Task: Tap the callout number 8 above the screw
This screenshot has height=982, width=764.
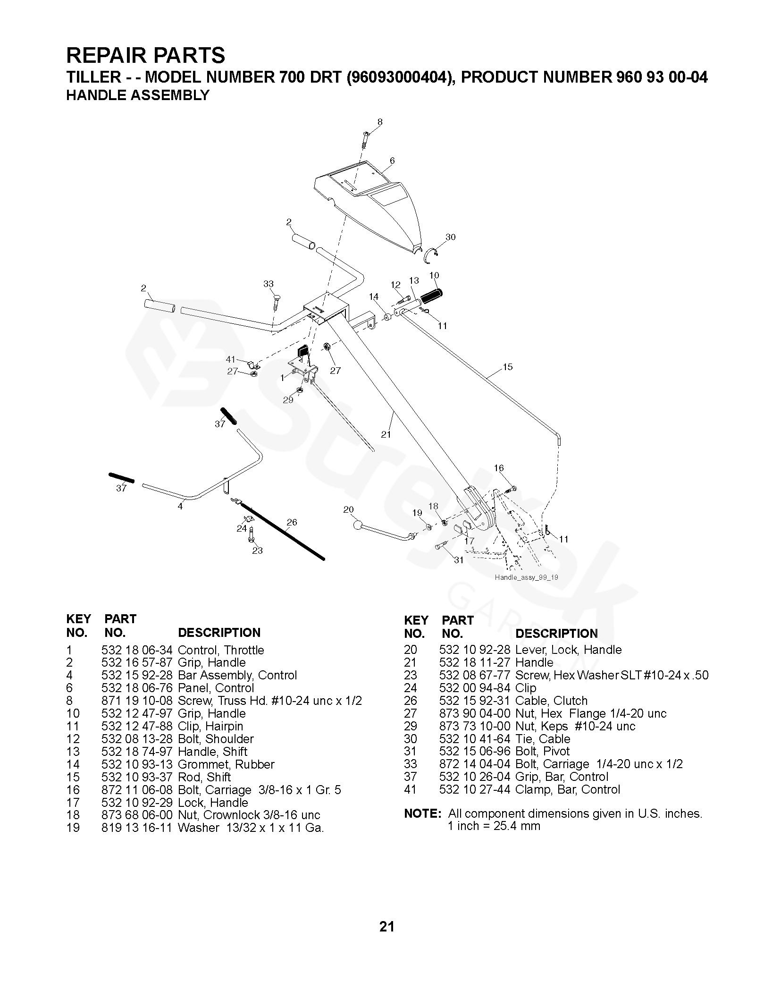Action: pos(380,122)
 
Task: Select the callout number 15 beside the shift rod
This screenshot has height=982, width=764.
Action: pos(507,366)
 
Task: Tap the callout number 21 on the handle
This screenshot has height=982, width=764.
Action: pos(386,434)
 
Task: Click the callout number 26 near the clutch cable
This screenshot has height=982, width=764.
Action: pos(292,522)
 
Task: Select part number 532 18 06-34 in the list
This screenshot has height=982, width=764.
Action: pos(137,650)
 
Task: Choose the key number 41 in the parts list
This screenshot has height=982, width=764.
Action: pos(411,789)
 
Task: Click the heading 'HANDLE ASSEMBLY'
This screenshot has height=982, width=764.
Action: pos(137,95)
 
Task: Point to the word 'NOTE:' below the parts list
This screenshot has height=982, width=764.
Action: pos(422,813)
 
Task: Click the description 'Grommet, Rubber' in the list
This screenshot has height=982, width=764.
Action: pos(226,764)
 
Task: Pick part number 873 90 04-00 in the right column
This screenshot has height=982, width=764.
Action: pos(474,713)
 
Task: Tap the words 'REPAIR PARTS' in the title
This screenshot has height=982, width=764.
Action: pos(145,56)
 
